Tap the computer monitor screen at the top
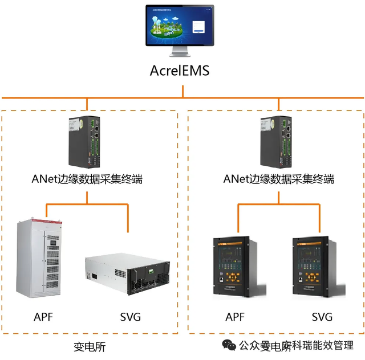(x=179, y=26)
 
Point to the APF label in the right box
(x=235, y=317)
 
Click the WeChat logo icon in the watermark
(x=228, y=345)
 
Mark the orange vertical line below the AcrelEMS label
(x=182, y=91)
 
